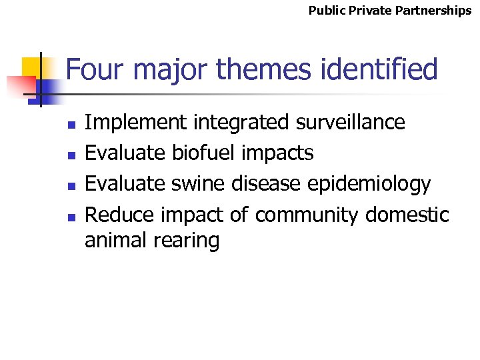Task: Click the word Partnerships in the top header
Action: click(x=437, y=11)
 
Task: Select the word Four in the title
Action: click(x=91, y=69)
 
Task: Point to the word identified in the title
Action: click(x=377, y=69)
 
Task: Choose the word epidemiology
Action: click(x=379, y=184)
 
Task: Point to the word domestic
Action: click(x=407, y=215)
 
